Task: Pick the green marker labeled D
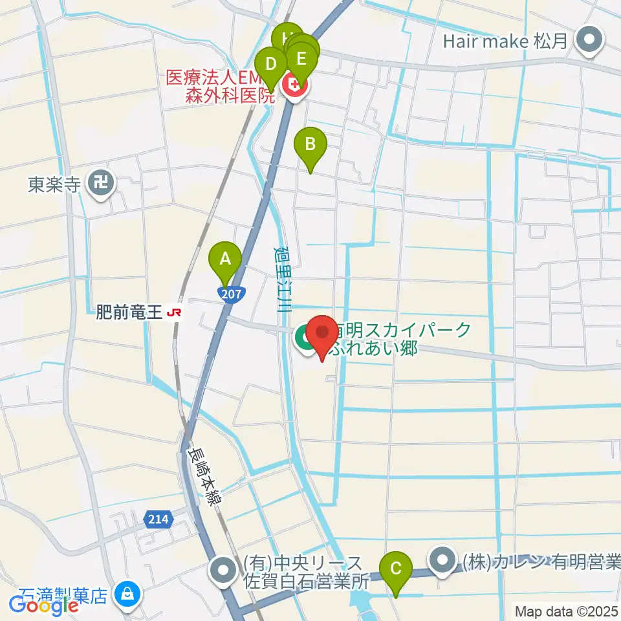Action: point(271,65)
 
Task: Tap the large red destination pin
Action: point(321,335)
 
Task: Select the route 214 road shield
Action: point(157,519)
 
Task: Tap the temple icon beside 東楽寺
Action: point(101,184)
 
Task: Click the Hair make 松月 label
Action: point(505,42)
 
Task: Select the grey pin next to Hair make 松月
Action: point(589,41)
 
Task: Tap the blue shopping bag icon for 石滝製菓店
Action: point(127,593)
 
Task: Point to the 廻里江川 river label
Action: point(281,279)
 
